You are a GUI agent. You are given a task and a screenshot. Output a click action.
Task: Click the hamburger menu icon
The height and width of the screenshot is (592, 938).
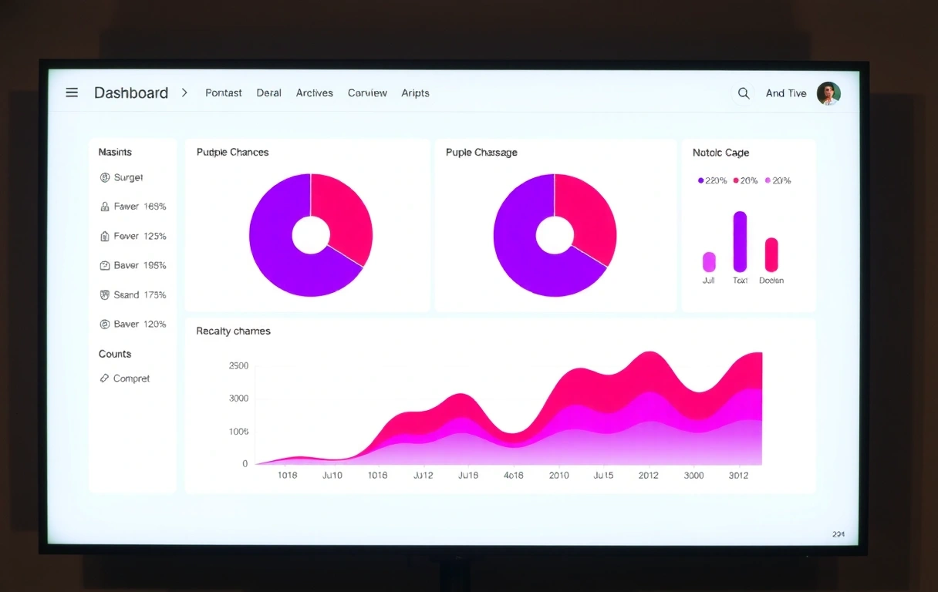72,92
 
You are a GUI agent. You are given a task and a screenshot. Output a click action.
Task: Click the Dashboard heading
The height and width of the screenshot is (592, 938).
131,92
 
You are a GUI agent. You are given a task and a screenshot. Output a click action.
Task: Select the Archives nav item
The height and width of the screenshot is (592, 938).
314,92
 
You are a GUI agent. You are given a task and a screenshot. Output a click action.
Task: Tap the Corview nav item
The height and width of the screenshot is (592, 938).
367,92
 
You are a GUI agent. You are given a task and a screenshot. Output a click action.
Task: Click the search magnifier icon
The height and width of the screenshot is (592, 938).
744,93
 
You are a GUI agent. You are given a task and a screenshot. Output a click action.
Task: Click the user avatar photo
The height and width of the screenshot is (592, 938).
828,93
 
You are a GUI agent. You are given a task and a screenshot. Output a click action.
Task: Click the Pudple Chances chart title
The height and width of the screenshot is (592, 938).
232,153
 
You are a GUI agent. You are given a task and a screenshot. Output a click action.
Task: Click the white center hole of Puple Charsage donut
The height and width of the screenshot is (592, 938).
555,235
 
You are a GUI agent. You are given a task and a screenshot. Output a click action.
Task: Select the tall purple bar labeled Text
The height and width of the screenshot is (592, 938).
740,241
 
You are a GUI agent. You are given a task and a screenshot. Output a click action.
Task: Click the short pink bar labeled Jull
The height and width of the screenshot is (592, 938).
709,262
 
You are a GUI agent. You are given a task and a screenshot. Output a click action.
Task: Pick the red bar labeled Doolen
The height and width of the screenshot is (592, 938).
771,254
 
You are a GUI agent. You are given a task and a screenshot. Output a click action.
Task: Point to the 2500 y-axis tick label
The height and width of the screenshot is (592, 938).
239,365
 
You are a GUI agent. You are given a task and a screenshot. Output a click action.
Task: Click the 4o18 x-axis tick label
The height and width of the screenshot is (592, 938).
513,476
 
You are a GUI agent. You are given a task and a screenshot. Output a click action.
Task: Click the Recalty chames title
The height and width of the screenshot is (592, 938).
233,331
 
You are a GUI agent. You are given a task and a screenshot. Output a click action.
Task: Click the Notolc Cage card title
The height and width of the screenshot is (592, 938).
720,153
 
